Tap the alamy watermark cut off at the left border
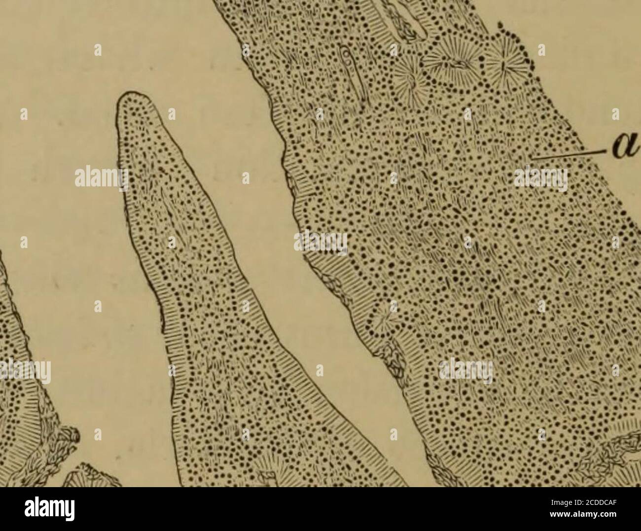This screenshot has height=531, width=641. click(25, 372)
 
